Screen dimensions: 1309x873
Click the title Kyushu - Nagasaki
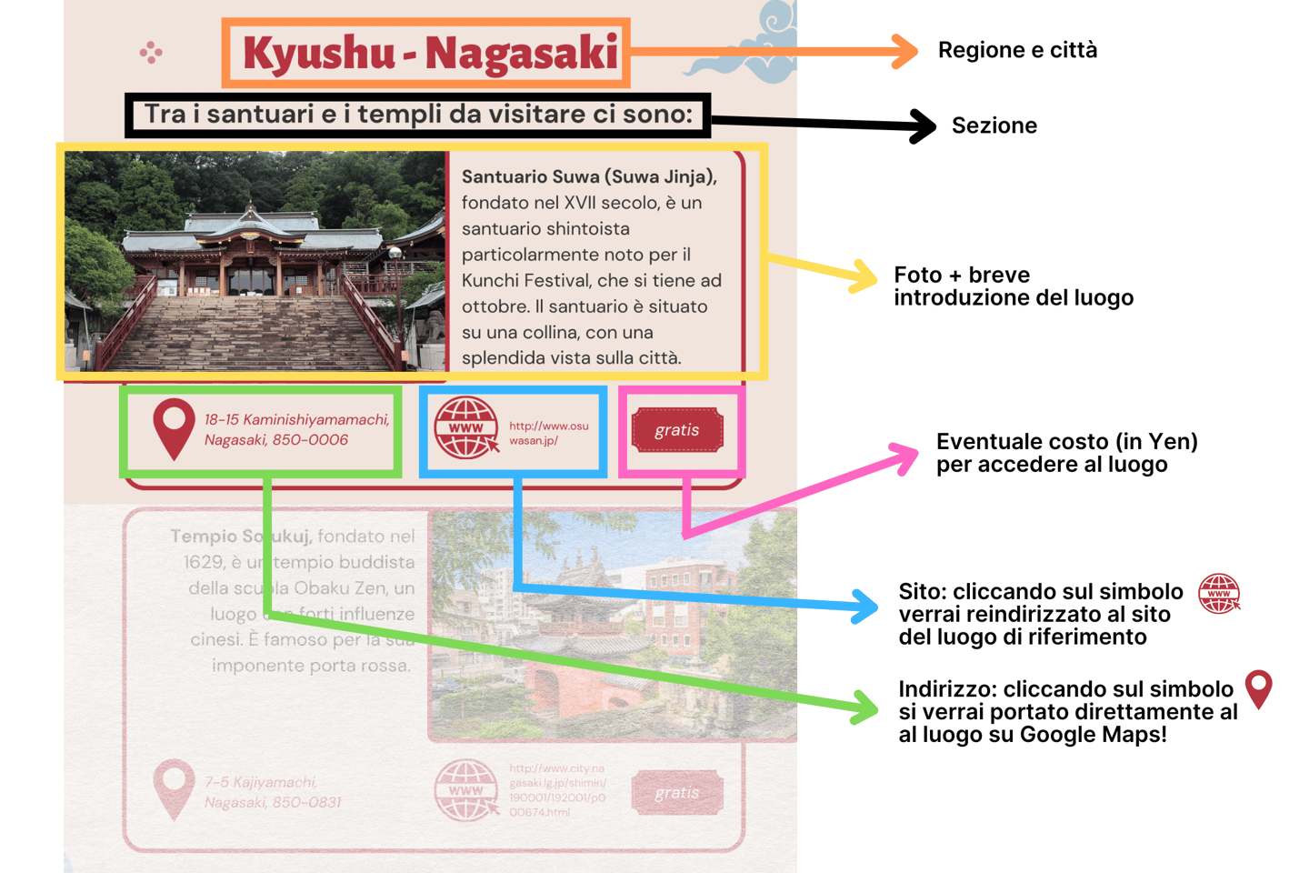coord(429,53)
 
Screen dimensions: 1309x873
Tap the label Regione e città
coord(1017,50)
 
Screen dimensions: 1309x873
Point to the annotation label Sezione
coord(994,125)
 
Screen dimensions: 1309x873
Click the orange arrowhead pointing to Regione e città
coord(905,51)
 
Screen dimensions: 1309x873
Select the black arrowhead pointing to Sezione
coord(923,125)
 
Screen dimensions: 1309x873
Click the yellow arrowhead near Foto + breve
coord(863,276)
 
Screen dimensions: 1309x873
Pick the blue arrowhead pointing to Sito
coord(864,607)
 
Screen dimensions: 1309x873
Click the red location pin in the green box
coord(174,427)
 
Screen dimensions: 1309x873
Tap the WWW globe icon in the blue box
coord(466,427)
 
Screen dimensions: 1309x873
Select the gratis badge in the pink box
coord(677,430)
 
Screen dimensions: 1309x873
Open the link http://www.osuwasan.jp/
coord(548,433)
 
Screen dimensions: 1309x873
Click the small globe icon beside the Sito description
coord(1219,594)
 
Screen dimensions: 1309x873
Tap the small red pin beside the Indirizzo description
coord(1259,689)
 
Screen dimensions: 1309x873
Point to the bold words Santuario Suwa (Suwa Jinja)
coord(589,177)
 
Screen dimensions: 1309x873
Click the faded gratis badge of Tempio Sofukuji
coord(677,792)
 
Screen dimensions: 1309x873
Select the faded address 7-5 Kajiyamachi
coord(273,792)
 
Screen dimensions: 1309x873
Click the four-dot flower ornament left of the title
coord(151,53)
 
